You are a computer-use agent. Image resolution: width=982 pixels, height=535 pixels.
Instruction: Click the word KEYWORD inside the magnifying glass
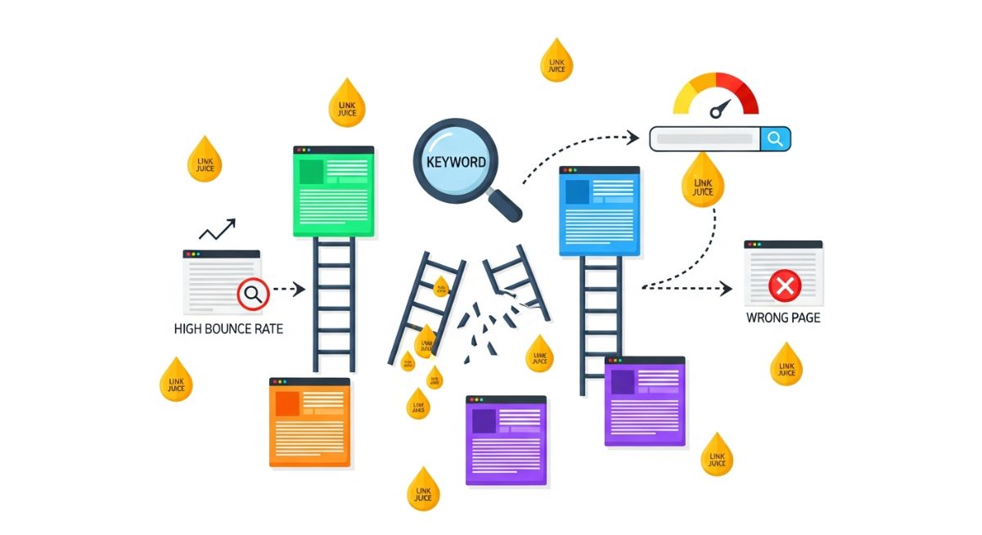tap(456, 161)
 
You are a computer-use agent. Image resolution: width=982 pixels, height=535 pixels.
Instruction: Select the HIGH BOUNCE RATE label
tap(229, 329)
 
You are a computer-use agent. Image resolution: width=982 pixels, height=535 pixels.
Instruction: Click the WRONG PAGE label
tap(783, 317)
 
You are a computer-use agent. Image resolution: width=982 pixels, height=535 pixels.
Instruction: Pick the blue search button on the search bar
tap(775, 139)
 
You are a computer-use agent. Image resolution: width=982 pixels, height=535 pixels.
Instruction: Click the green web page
tap(334, 192)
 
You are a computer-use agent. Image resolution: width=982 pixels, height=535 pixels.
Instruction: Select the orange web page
tap(309, 423)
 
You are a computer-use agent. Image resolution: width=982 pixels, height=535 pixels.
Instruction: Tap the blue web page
tap(599, 211)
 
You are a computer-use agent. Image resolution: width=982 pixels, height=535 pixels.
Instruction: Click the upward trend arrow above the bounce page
tap(217, 229)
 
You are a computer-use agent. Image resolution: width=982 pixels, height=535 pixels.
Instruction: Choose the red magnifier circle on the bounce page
tap(252, 294)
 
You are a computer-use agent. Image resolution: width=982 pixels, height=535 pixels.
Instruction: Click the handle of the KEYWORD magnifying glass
tap(505, 205)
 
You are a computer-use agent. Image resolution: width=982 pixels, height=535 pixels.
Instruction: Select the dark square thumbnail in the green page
tap(311, 172)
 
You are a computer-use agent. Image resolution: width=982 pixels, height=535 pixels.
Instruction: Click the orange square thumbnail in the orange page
tap(287, 404)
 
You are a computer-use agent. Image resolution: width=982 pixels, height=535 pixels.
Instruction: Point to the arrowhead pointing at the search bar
tap(633, 137)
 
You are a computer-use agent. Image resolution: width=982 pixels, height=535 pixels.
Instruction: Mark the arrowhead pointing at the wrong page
tap(726, 288)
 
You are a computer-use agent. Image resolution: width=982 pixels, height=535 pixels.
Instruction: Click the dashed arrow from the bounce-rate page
tap(287, 289)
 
